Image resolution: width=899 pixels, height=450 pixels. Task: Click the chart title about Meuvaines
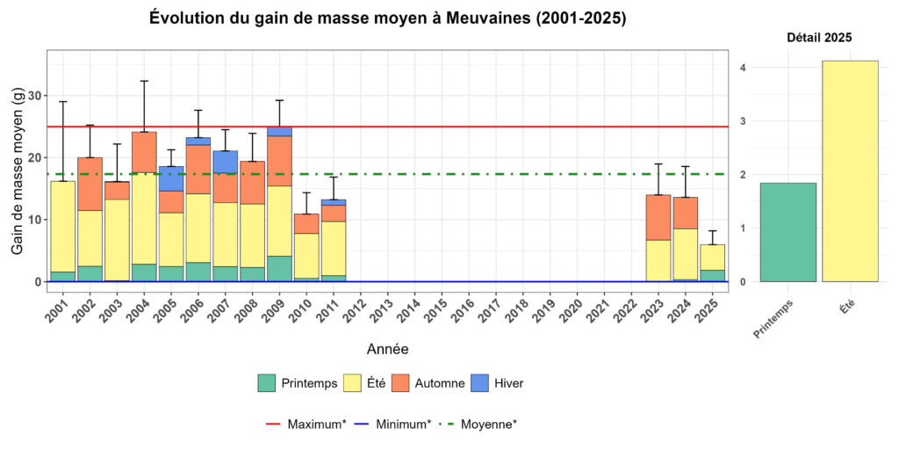tap(387, 18)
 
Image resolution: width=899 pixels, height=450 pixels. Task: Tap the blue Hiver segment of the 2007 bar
tap(225, 162)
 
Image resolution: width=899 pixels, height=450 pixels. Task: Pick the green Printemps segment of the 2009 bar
tap(279, 268)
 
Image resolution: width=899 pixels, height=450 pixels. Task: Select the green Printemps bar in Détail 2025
tap(788, 232)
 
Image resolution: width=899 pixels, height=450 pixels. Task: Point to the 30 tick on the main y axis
tap(32, 96)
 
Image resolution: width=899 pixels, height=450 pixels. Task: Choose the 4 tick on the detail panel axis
tap(743, 68)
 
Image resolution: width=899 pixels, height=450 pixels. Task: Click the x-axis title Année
tap(386, 349)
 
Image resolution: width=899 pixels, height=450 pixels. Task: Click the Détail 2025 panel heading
tap(818, 38)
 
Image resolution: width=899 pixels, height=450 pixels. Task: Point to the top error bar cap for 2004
tap(144, 81)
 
